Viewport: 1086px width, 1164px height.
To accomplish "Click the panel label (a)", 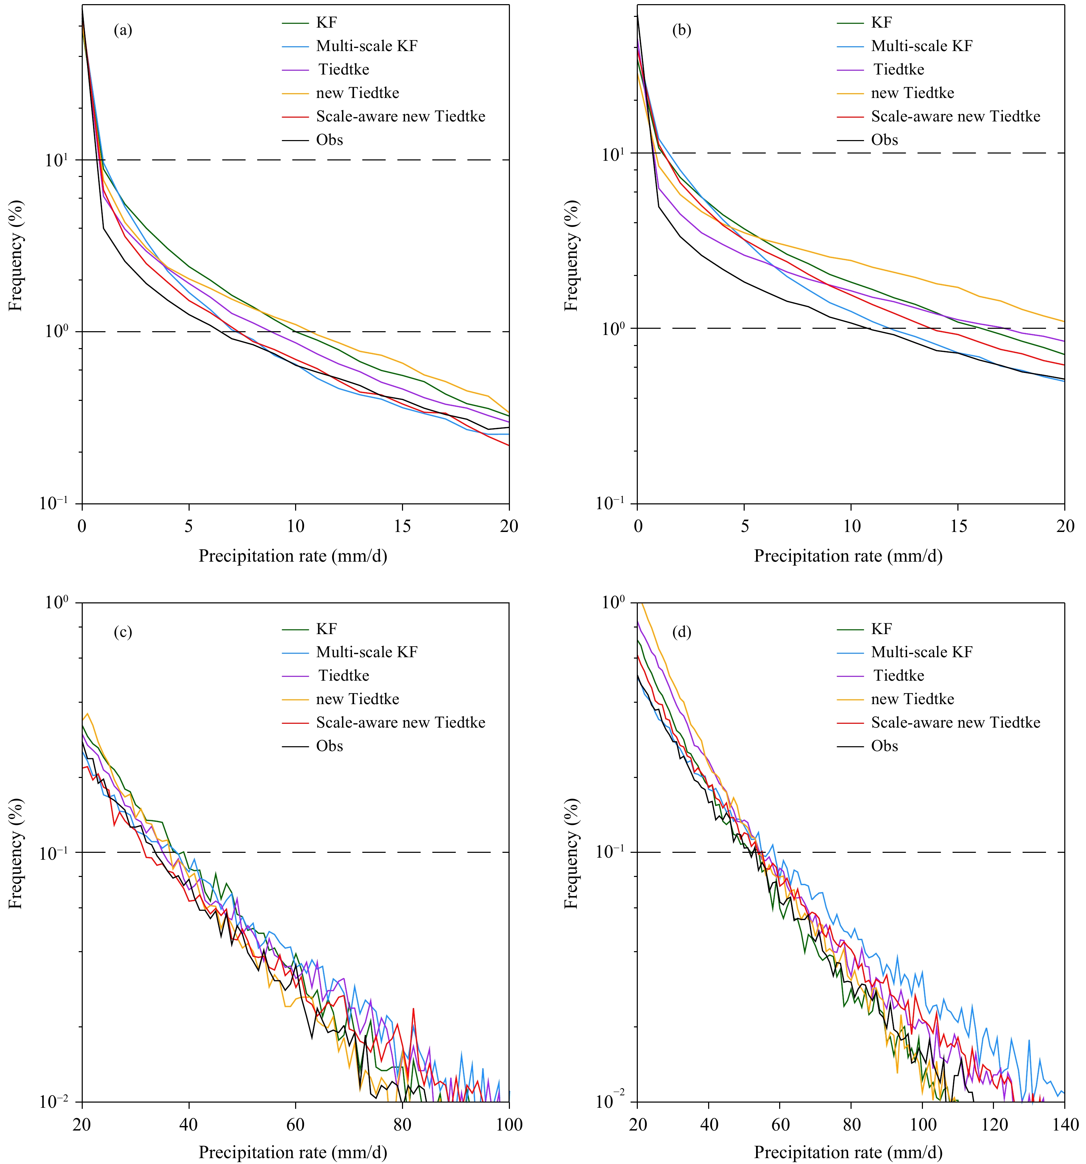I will click(123, 30).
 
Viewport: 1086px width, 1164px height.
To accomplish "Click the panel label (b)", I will click(682, 30).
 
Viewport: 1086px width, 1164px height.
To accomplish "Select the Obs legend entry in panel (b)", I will click(884, 140).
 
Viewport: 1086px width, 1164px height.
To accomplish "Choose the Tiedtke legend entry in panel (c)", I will click(343, 676).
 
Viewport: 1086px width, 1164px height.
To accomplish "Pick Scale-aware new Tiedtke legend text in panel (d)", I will click(956, 722).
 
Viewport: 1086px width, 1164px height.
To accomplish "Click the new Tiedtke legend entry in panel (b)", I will click(912, 93).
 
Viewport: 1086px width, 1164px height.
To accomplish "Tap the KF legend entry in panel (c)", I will click(326, 629).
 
